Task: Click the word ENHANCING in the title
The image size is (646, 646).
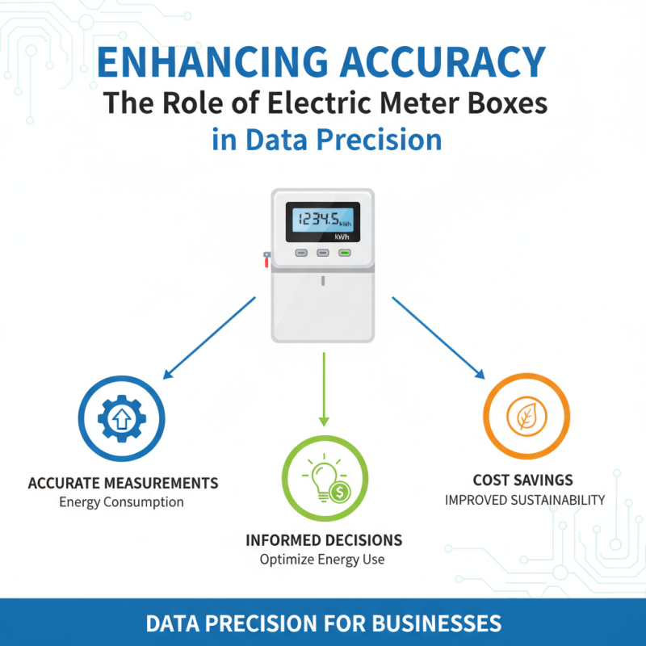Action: (x=212, y=62)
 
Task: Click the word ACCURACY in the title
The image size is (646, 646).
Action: (x=443, y=62)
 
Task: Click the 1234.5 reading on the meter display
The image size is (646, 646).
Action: (x=318, y=219)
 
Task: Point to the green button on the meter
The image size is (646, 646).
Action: (x=345, y=253)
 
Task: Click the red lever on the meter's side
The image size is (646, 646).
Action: (x=266, y=259)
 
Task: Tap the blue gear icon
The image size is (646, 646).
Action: (x=122, y=418)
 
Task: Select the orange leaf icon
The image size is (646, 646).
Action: (x=526, y=416)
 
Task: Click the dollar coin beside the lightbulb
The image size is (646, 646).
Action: (x=340, y=492)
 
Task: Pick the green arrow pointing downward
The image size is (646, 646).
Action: (x=324, y=389)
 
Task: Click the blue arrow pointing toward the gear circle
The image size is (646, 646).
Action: (x=209, y=338)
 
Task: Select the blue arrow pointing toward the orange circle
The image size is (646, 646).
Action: (x=438, y=338)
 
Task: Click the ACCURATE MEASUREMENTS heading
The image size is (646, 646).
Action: (x=123, y=483)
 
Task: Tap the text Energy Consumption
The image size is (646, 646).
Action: (x=122, y=501)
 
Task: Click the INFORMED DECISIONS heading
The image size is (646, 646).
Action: (x=324, y=540)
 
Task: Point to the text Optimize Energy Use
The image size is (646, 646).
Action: (x=322, y=559)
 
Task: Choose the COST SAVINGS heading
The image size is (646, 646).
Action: (x=522, y=480)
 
